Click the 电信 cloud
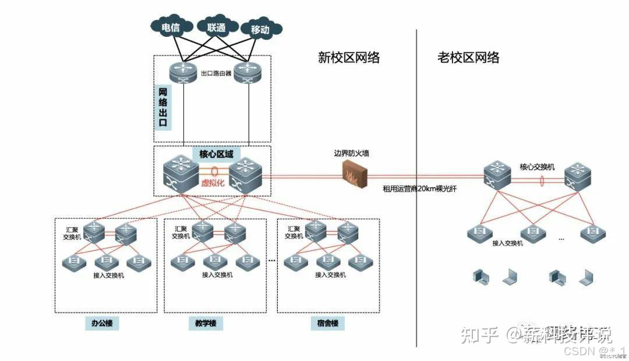click(x=170, y=26)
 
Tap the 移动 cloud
click(x=259, y=29)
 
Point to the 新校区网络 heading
click(x=348, y=57)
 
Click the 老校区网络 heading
click(x=468, y=57)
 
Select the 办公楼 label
click(x=102, y=323)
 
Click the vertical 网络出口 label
click(x=164, y=108)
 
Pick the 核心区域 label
click(x=216, y=153)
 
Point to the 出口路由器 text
click(x=216, y=74)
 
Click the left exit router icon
click(x=184, y=72)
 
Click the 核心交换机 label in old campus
click(x=537, y=167)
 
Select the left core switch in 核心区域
click(x=181, y=173)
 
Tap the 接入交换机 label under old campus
click(x=508, y=243)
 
